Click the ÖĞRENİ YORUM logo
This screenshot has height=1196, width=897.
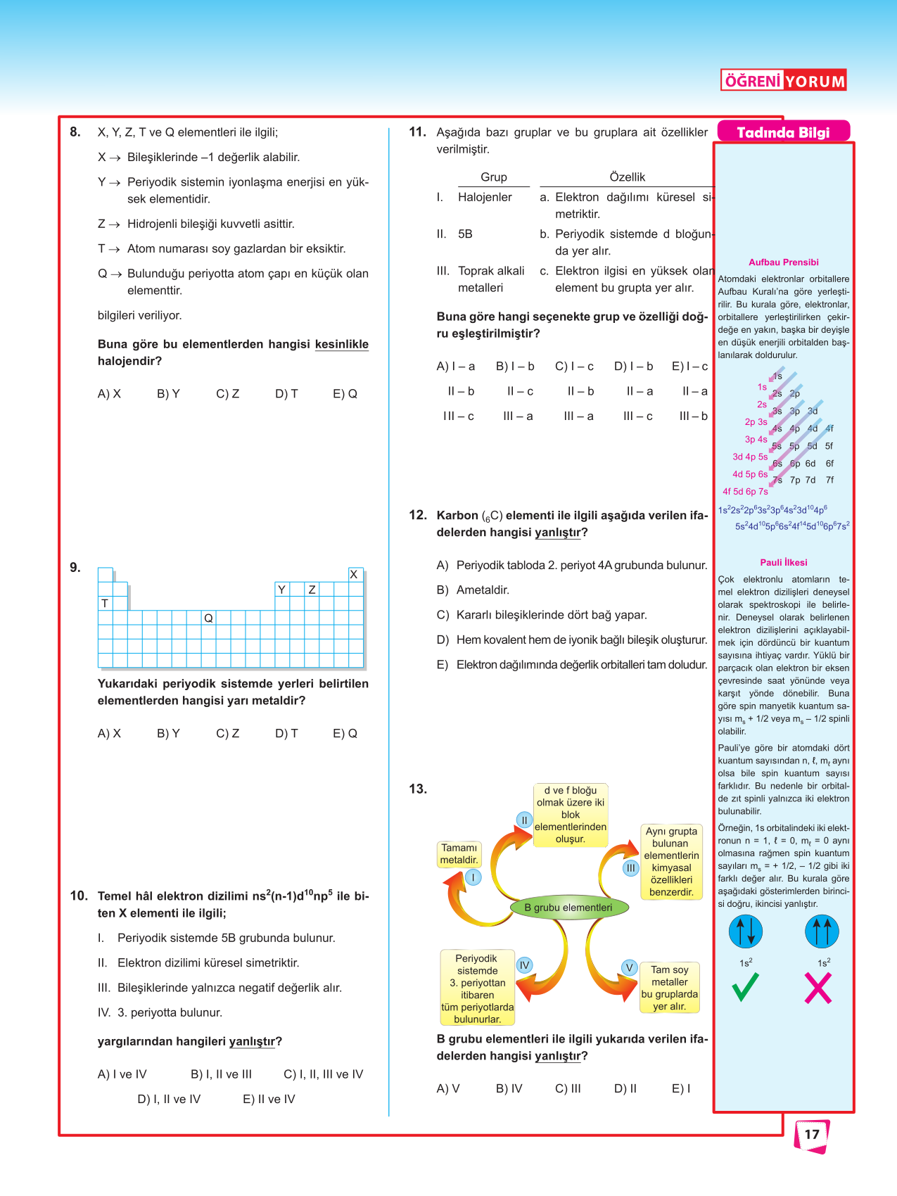pos(783,81)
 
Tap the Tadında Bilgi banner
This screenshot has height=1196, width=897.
pos(783,132)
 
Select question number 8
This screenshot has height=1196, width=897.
pos(75,132)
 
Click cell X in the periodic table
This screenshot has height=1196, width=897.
pos(354,575)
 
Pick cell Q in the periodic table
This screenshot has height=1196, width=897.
pos(208,618)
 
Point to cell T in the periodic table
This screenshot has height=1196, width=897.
pos(105,604)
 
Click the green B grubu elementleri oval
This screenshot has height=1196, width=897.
pos(568,908)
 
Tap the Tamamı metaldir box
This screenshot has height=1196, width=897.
pos(459,854)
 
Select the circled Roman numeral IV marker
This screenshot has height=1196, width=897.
pos(524,965)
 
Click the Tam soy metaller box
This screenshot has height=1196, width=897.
pos(670,988)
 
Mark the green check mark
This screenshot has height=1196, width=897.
pos(745,986)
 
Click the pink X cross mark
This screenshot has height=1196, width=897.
pos(818,988)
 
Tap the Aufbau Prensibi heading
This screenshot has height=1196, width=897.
pos(783,262)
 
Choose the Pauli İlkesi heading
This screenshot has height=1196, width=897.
pos(783,563)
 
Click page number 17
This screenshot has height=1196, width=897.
pos(812,1134)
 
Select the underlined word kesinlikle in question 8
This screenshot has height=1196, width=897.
pos(341,344)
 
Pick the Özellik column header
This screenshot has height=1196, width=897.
pos(627,177)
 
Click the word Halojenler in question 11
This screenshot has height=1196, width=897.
pos(485,197)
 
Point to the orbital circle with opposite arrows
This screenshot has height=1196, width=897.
pos(746,931)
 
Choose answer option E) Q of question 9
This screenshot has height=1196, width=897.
pos(345,733)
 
